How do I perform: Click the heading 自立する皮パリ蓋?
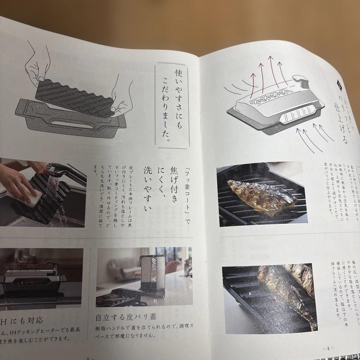tap(126, 316)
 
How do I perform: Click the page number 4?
tap(328, 348)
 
